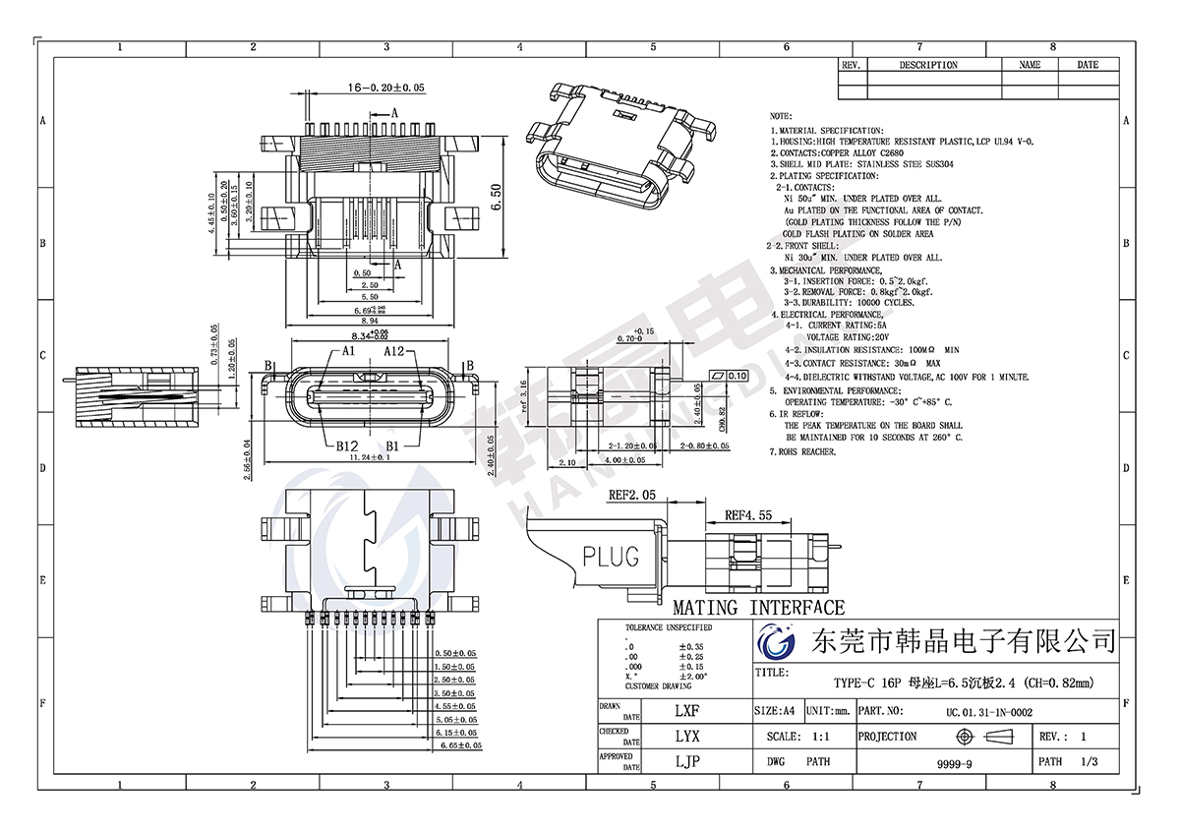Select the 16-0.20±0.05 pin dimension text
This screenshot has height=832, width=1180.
point(386,88)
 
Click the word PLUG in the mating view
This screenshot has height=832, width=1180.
point(611,556)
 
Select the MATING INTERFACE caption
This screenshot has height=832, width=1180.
point(758,608)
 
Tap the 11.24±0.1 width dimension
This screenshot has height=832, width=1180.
point(365,457)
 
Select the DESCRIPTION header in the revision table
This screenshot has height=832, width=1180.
point(928,65)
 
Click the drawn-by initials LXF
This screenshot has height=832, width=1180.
point(687,710)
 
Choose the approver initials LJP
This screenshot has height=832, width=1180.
point(687,760)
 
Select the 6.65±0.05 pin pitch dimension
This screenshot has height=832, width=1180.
point(459,746)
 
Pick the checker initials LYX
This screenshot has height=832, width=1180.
point(687,736)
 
